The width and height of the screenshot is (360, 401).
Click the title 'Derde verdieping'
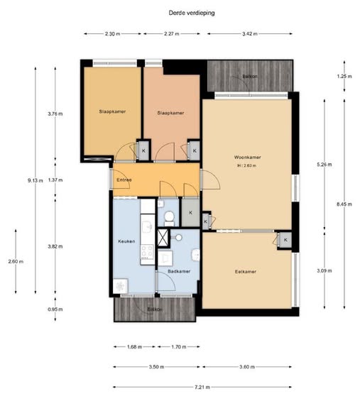point(192,13)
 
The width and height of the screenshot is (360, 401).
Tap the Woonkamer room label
point(247,157)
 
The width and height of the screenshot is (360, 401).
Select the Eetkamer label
point(246,272)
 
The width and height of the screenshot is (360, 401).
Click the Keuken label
point(126,241)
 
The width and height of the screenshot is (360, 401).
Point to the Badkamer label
point(179,271)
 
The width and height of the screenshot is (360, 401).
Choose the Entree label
point(124,180)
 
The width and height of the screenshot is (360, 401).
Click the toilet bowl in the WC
point(169,217)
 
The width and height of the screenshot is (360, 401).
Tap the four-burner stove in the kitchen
point(147,251)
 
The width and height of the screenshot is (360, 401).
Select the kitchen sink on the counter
point(148,227)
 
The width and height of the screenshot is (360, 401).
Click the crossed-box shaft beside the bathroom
point(163,238)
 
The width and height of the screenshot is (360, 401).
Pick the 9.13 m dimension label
point(36,180)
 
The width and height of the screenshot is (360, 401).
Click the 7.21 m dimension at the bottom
point(202,388)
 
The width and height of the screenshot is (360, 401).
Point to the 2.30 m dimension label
point(113,34)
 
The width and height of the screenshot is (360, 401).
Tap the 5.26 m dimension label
point(324,165)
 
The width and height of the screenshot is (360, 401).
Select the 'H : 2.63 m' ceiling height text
point(247,165)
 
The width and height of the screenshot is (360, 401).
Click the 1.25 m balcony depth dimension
point(344,76)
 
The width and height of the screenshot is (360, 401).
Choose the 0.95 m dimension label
point(55,309)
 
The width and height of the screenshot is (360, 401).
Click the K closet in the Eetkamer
point(285,240)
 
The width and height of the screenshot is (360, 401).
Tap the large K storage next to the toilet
point(190,212)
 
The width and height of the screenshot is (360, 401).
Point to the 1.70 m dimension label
point(179,347)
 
